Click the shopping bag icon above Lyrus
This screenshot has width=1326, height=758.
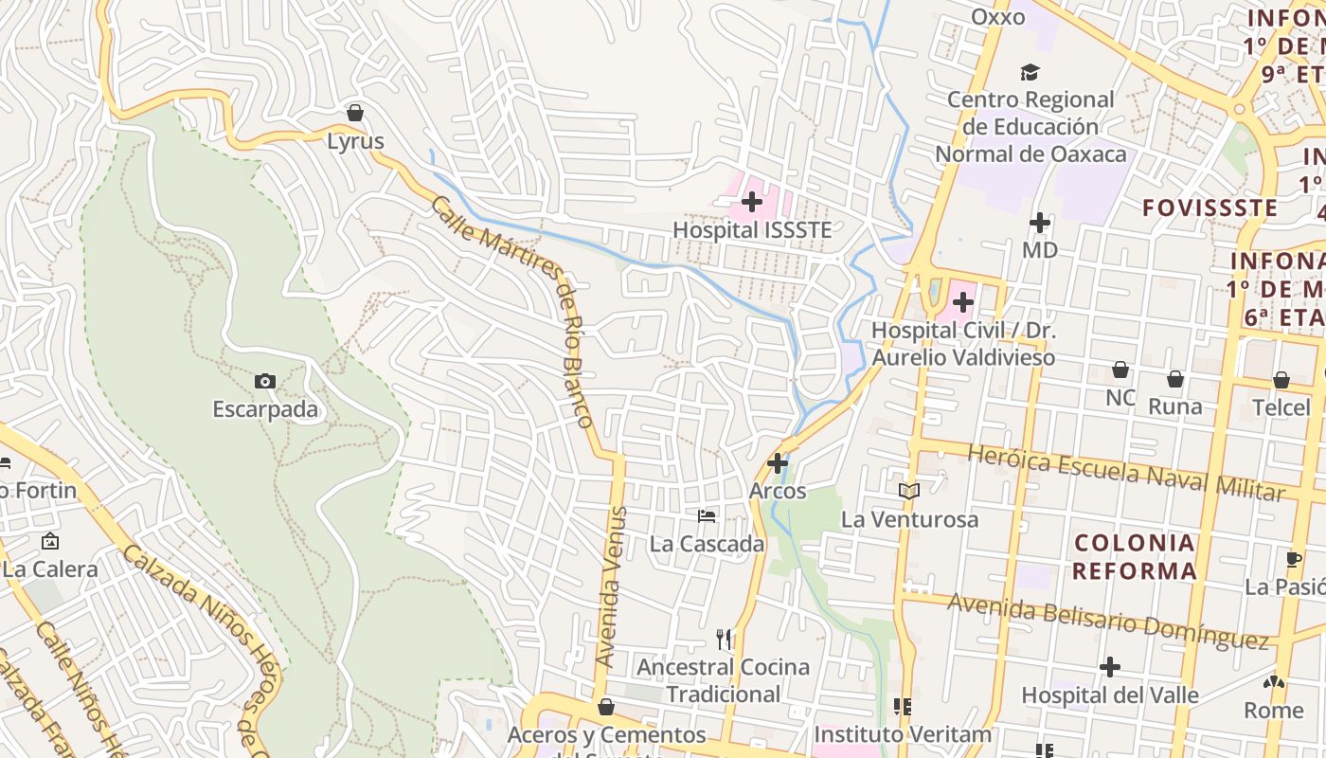[355, 113]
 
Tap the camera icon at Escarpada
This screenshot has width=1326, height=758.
[265, 381]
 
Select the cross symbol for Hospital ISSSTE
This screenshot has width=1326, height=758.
[752, 201]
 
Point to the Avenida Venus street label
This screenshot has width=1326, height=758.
[611, 587]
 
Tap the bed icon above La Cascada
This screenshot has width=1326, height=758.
[707, 516]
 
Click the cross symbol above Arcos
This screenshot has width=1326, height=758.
[778, 463]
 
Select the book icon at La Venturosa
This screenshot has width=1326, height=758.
[909, 491]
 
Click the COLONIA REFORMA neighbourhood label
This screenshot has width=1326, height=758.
[1135, 557]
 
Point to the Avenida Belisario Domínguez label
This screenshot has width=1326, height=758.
[1108, 621]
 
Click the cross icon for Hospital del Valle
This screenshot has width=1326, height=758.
[1110, 667]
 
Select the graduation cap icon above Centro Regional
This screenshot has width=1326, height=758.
[1030, 72]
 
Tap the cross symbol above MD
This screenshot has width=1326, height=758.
[1040, 223]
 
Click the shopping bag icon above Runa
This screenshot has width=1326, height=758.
[1175, 379]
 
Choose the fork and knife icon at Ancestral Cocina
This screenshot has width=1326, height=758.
[725, 640]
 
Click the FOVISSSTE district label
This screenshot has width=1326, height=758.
[1210, 208]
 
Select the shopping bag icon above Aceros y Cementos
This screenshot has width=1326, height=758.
[606, 707]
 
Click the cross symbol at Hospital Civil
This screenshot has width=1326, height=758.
[963, 302]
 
